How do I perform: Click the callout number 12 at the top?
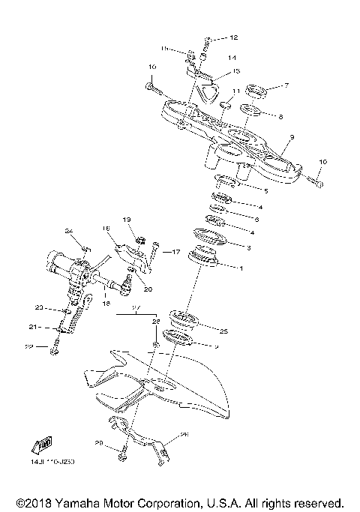tap(233, 37)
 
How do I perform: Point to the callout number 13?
tap(235, 71)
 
